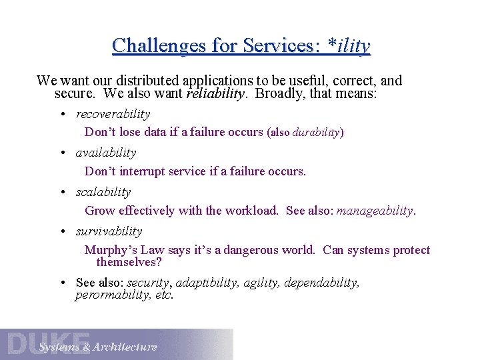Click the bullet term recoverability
[113, 114]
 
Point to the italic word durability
[316, 132]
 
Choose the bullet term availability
[106, 153]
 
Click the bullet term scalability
[103, 192]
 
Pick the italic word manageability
[375, 211]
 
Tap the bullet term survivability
[109, 231]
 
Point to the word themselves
[129, 262]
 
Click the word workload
[251, 211]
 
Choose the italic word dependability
[322, 283]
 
